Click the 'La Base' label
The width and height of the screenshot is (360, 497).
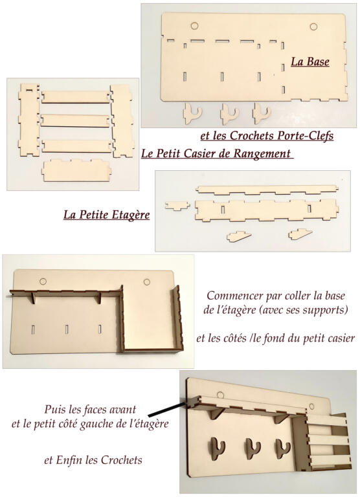tap(310, 61)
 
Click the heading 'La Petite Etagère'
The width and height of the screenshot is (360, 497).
tap(107, 215)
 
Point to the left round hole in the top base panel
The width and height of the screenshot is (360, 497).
tap(194, 25)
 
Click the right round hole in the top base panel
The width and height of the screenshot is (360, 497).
tap(313, 27)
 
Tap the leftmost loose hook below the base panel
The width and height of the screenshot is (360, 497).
tap(192, 113)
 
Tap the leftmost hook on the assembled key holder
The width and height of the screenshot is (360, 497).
tap(218, 448)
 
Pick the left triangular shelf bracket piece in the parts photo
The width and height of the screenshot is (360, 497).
tap(239, 236)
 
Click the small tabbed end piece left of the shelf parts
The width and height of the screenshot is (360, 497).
tap(177, 206)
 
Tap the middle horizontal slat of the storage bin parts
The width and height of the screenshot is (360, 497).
tap(75, 120)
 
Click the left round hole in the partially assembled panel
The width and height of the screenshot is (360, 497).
tap(43, 281)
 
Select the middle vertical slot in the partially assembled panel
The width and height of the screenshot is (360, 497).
tap(67, 329)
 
